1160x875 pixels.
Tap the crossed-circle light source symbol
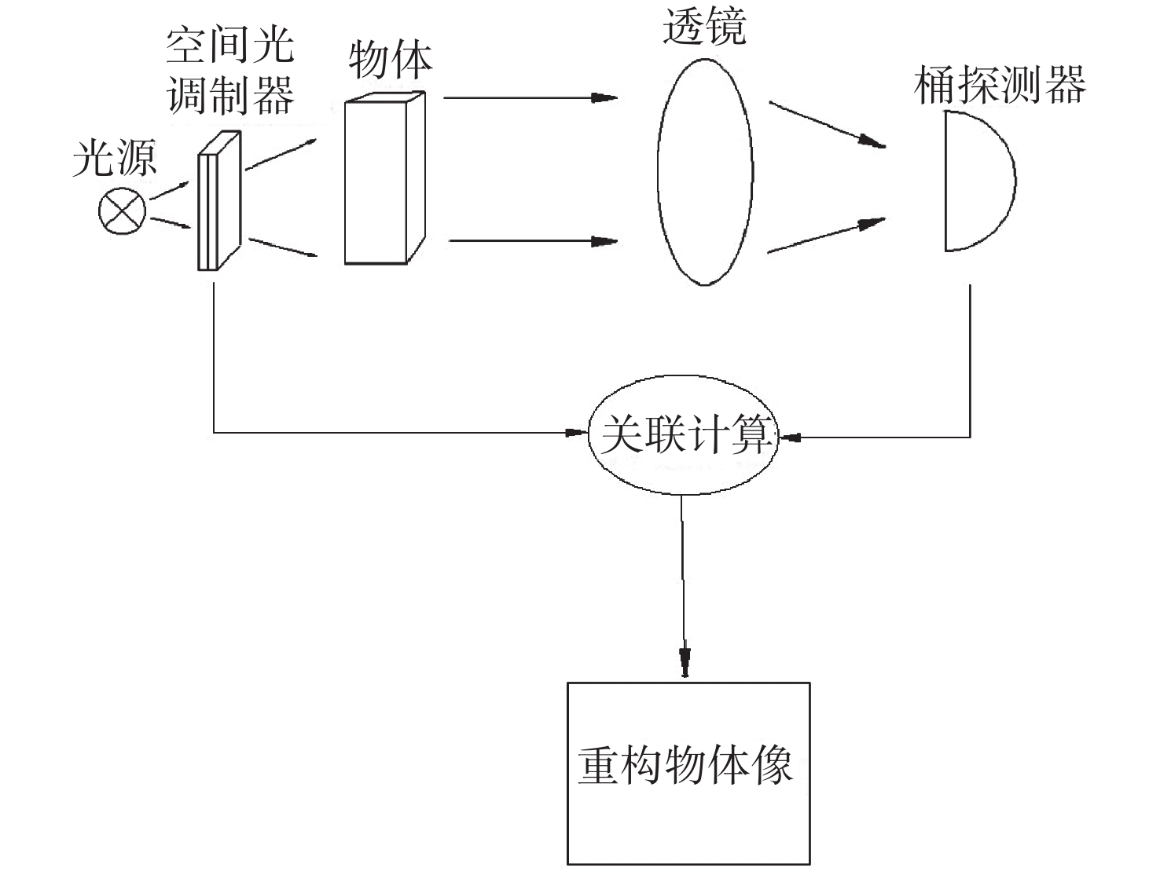point(122,211)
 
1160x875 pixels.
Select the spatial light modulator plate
point(219,200)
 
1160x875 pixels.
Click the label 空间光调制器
point(230,71)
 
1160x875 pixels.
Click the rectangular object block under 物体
point(385,178)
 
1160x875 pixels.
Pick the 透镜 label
point(704,26)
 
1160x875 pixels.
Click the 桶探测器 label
point(1000,85)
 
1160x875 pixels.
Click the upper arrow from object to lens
point(530,97)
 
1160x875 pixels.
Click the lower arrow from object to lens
point(533,241)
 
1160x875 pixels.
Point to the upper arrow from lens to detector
point(827,125)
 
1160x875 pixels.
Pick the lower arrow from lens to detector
point(827,236)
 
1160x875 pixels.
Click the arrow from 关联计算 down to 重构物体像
point(683,586)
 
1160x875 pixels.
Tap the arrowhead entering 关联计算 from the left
point(577,433)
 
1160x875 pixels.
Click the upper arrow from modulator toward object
point(281,155)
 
